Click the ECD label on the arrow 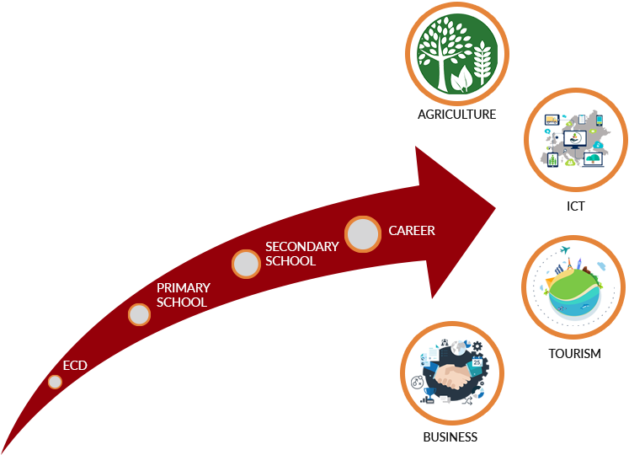75,365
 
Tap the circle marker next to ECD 55,382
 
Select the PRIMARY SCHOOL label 183,295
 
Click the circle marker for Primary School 139,314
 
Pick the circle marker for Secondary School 246,264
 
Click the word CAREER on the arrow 412,230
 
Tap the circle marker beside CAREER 363,233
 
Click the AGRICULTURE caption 456,115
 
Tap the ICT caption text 576,206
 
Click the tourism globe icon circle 573,286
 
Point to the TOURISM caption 574,354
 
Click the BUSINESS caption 450,437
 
